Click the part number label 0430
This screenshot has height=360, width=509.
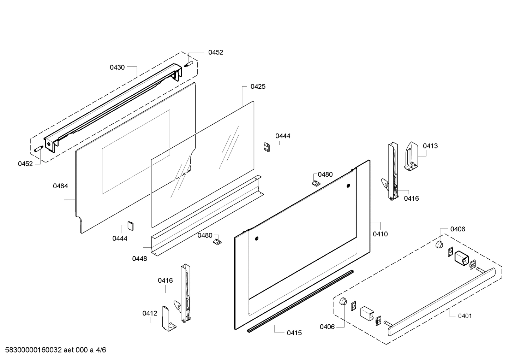(x=117, y=67)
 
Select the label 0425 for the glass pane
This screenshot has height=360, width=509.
(x=258, y=87)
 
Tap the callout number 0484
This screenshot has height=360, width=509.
(x=60, y=186)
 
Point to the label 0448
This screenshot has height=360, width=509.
(x=139, y=259)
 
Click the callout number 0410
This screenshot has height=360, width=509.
(x=381, y=234)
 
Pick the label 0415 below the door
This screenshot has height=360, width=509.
(x=294, y=333)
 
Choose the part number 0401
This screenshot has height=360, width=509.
(x=465, y=316)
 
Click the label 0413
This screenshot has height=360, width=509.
(x=430, y=146)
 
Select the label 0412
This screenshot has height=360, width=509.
(x=150, y=313)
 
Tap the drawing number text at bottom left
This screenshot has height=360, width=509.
(x=55, y=350)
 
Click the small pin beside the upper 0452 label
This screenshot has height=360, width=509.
(x=188, y=64)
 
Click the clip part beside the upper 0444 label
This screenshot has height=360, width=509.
(x=267, y=147)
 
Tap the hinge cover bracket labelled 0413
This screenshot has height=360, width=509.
(x=411, y=157)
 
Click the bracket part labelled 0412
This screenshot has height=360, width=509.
(x=169, y=319)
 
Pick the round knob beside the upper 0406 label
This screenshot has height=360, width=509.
(x=439, y=244)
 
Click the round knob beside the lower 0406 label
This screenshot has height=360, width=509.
(x=343, y=302)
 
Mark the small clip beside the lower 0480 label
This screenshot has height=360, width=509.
(x=217, y=242)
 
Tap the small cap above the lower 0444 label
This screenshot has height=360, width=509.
(x=131, y=226)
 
